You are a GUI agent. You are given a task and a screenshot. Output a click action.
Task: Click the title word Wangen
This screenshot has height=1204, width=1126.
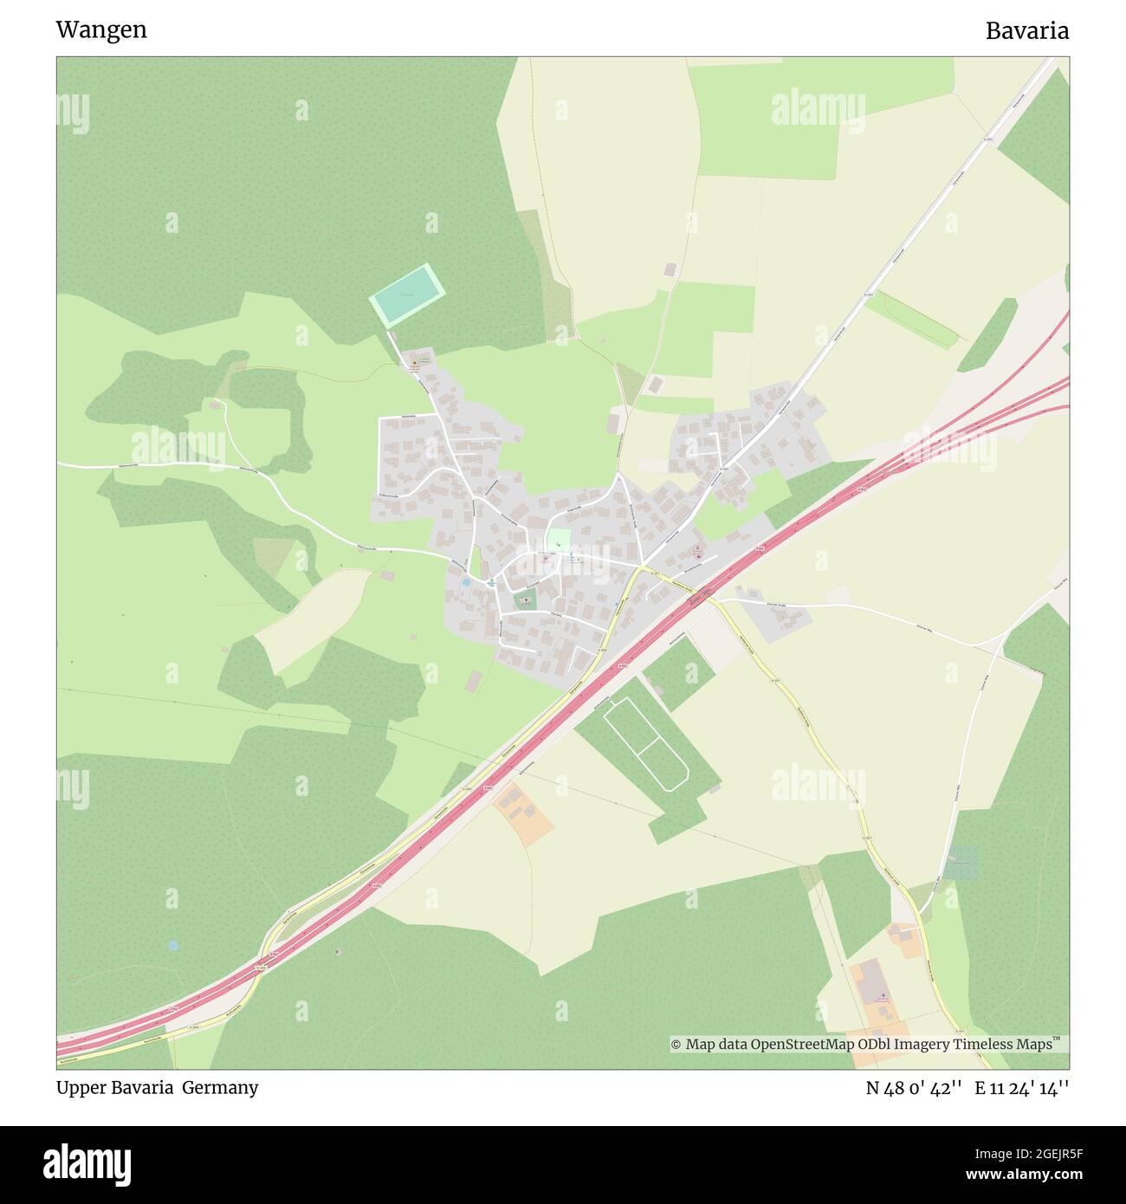[101, 30]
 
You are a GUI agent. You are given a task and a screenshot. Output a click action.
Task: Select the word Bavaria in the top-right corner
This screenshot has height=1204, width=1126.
[1026, 31]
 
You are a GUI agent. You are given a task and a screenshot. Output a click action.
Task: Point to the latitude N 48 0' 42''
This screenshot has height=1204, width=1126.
[914, 1088]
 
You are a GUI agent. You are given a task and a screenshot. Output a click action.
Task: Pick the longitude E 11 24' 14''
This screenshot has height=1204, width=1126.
[1022, 1088]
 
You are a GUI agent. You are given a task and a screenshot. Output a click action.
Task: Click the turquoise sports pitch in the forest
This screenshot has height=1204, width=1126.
[407, 295]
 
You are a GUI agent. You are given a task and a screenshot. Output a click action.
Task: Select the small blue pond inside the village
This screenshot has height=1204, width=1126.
[466, 582]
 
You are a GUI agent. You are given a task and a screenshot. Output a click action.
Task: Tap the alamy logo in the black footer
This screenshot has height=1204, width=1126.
[87, 1164]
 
